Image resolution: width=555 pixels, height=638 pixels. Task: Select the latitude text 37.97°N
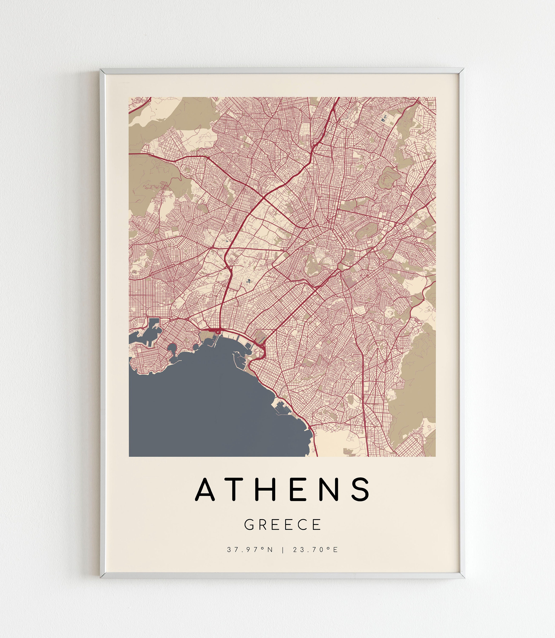coord(250,550)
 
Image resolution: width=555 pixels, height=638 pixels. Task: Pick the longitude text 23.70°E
coord(316,550)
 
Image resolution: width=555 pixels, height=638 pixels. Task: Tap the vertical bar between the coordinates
coord(283,550)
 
